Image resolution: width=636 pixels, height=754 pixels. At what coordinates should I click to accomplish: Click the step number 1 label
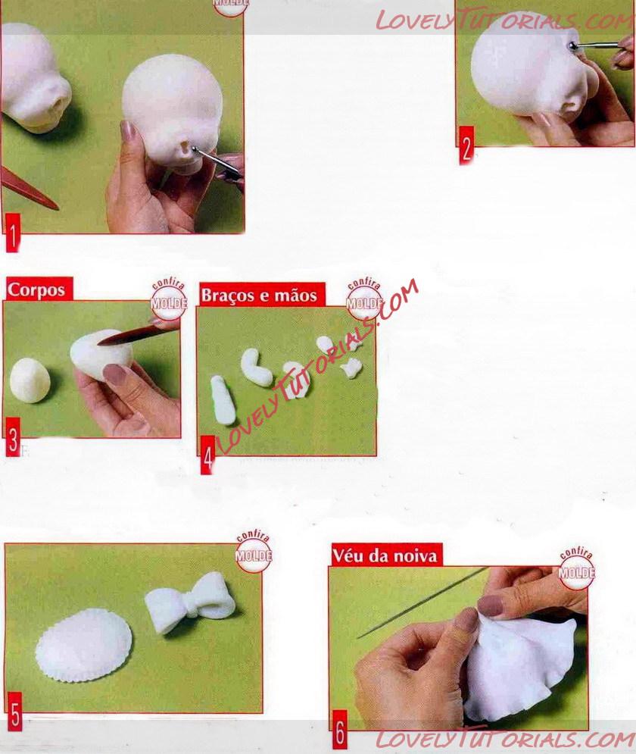[x=12, y=233]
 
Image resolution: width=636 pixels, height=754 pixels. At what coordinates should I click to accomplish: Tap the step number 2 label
[x=466, y=145]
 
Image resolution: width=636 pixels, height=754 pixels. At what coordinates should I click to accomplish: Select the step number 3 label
[x=13, y=436]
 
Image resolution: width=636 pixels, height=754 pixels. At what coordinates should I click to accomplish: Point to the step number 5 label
[x=15, y=712]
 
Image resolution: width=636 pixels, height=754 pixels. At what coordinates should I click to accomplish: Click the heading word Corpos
[x=36, y=289]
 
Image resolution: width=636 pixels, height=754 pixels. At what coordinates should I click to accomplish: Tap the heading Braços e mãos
[x=259, y=295]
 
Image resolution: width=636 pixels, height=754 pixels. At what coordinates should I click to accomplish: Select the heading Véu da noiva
[x=385, y=556]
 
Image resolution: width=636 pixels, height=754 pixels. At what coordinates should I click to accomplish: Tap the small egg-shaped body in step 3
[x=30, y=380]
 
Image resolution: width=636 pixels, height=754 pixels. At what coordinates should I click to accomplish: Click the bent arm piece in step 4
[x=256, y=368]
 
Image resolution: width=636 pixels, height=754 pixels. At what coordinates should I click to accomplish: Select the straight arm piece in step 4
[x=223, y=400]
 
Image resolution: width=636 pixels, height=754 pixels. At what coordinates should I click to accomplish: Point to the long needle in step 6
[x=422, y=603]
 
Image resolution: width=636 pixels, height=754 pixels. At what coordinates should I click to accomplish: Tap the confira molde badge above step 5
[x=254, y=552]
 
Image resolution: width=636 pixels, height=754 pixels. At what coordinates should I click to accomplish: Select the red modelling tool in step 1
[x=30, y=189]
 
